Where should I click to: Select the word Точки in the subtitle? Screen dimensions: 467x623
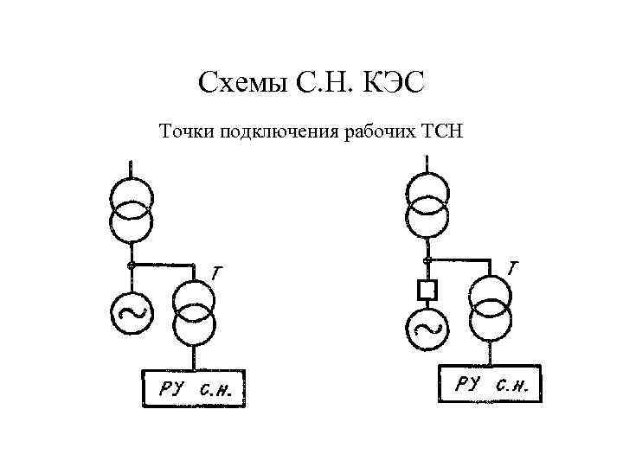(x=185, y=132)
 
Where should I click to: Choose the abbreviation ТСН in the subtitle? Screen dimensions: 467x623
(x=442, y=132)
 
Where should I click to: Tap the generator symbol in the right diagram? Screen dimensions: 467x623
(x=426, y=326)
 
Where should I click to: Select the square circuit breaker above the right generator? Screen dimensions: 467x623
(x=426, y=288)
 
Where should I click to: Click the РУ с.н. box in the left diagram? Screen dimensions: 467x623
(x=194, y=388)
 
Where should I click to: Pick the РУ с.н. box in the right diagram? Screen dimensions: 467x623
(x=491, y=384)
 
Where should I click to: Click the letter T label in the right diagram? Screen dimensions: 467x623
(x=514, y=269)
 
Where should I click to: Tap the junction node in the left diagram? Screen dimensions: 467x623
(x=131, y=263)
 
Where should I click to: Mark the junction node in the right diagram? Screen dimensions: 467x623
(x=427, y=259)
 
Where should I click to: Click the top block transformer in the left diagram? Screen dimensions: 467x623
(x=131, y=209)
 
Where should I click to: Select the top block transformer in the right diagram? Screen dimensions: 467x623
(x=427, y=206)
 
